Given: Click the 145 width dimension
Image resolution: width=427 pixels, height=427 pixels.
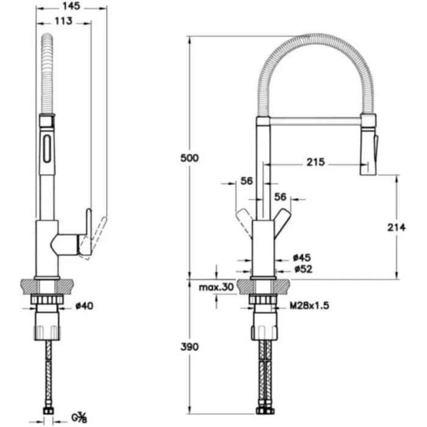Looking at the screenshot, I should tap(71, 7).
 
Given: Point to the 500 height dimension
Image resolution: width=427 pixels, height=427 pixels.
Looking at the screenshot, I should tap(190, 158).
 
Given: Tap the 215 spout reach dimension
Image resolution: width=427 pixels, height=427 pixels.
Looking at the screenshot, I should tap(316, 163).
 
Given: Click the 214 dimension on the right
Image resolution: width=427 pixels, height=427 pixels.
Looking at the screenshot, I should tap(396, 228).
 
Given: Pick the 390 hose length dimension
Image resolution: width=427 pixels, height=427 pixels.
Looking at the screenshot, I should tap(190, 347).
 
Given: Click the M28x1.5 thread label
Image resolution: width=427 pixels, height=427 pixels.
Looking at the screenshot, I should tap(310, 306).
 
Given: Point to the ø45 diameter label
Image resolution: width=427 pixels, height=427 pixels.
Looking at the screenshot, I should tap(300, 257).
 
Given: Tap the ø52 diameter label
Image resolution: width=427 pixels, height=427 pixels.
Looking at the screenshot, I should tap(300, 269).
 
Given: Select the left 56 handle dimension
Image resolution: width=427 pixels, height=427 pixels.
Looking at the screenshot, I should tap(246, 181).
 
